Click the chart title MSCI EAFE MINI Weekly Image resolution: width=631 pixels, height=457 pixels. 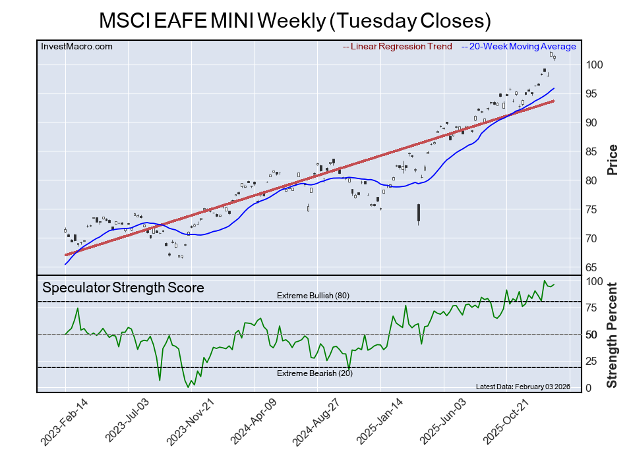295,20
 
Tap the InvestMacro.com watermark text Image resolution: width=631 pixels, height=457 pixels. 77,46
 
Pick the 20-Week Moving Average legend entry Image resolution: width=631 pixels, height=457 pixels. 521,46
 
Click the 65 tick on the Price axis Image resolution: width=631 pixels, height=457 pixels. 593,267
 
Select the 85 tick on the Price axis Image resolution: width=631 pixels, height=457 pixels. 593,151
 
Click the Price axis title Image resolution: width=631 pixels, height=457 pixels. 613,159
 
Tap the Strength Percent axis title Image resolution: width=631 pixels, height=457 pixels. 613,335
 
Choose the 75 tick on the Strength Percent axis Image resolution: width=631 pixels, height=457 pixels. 591,308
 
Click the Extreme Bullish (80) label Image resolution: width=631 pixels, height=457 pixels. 313,296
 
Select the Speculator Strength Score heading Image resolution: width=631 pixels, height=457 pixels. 123,288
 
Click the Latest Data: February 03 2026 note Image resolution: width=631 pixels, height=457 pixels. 522,387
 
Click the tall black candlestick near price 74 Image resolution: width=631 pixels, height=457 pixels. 419,213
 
